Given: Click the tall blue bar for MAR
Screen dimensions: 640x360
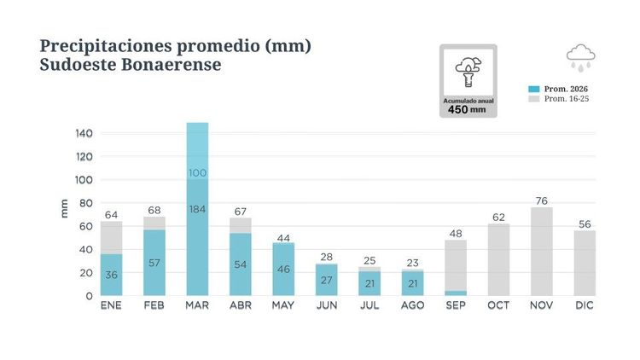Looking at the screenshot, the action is (x=197, y=209).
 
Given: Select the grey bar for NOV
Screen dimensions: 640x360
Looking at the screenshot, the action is (x=542, y=252).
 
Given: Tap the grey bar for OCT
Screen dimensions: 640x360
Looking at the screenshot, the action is (x=498, y=259).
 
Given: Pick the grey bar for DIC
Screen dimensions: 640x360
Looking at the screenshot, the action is (x=585, y=264).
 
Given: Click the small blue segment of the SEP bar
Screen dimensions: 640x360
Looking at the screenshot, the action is (x=456, y=293).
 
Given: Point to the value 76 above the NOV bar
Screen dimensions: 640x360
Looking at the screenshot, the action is (x=542, y=200).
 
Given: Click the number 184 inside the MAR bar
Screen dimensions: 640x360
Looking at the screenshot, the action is (x=197, y=209).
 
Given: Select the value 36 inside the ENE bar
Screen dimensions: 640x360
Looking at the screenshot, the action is (x=112, y=275).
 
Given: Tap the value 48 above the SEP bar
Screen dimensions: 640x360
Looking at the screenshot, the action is (x=456, y=234).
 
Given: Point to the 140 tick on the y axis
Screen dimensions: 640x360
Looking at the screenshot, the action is (x=84, y=133).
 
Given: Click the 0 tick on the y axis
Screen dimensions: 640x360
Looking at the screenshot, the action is (x=90, y=296).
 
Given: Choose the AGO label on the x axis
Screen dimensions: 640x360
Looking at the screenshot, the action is (x=413, y=305).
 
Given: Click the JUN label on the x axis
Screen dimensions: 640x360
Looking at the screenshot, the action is (x=327, y=305).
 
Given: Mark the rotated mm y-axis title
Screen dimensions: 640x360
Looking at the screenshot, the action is (x=64, y=208).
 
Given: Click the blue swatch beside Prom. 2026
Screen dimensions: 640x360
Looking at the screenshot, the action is (x=534, y=89).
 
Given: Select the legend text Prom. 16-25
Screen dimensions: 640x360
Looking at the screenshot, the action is (x=567, y=99).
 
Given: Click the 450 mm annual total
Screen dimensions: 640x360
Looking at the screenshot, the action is (x=467, y=109).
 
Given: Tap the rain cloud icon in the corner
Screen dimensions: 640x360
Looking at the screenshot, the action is (x=581, y=58).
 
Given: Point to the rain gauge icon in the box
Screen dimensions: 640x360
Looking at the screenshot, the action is (x=468, y=73).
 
